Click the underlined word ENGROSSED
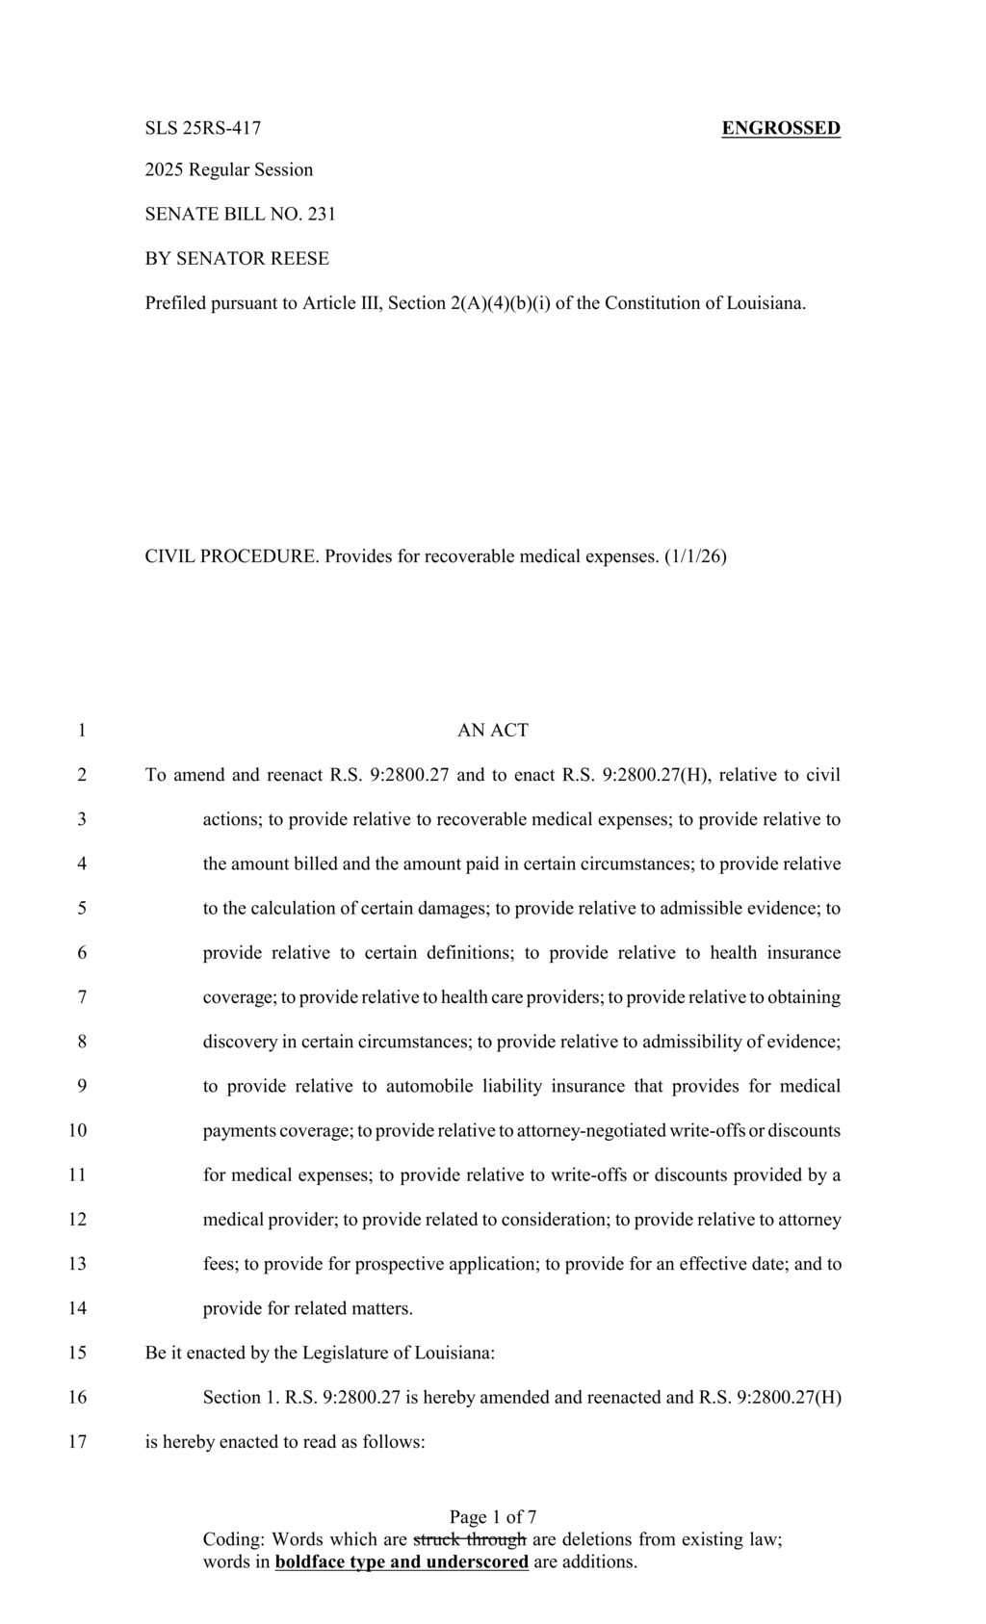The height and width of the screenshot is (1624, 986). pyautogui.click(x=781, y=128)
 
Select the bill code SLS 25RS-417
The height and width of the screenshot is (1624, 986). pyautogui.click(x=203, y=128)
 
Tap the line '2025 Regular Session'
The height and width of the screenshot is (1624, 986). pyautogui.click(x=229, y=170)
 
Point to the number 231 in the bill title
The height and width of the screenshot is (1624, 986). pyautogui.click(x=322, y=214)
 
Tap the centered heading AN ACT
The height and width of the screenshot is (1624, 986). pyautogui.click(x=493, y=731)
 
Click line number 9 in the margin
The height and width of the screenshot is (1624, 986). pyautogui.click(x=82, y=1086)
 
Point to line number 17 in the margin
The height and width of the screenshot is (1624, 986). pyautogui.click(x=78, y=1442)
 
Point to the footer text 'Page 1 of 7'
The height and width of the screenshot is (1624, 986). pyautogui.click(x=493, y=1518)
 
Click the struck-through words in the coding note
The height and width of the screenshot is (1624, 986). pyautogui.click(x=470, y=1539)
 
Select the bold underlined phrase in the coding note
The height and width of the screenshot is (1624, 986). pyautogui.click(x=402, y=1561)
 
